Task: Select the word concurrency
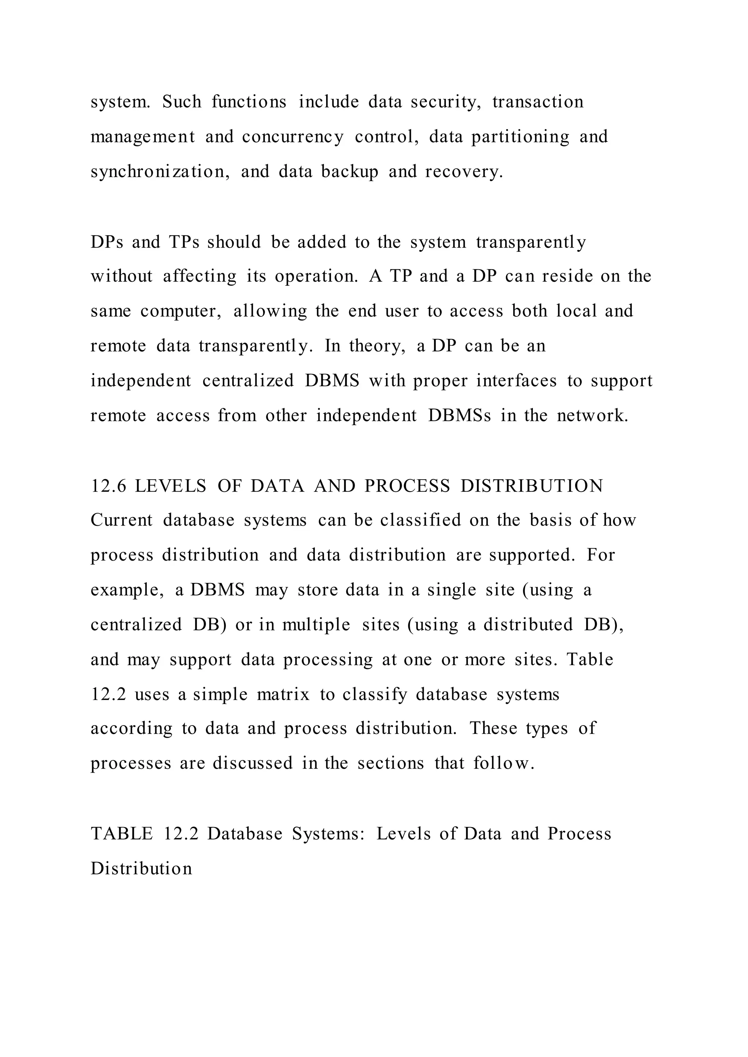point(293,137)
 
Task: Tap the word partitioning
point(520,137)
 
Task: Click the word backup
point(350,172)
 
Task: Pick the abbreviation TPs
point(184,242)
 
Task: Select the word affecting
point(199,277)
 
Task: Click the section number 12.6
point(108,486)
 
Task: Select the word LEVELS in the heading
point(171,486)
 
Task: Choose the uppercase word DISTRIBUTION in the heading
point(531,486)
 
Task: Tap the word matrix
point(283,694)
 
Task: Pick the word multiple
point(316,625)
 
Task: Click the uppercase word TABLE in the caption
point(122,834)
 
